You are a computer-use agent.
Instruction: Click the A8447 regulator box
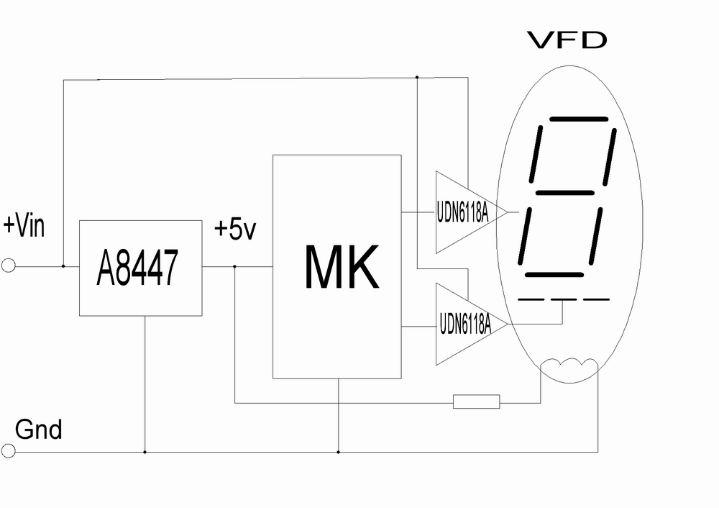click(139, 268)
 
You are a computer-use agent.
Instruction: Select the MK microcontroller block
click(336, 266)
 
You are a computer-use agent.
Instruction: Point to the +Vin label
click(24, 226)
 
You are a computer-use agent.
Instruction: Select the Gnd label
click(39, 430)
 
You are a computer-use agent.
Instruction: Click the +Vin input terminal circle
click(8, 266)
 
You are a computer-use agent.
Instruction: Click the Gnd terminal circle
click(8, 451)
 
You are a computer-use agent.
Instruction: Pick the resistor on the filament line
click(476, 402)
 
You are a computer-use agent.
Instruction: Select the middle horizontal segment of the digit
click(564, 193)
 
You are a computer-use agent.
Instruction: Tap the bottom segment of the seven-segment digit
click(554, 274)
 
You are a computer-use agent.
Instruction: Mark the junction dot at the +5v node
click(235, 266)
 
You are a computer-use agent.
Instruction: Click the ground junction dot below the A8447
click(145, 452)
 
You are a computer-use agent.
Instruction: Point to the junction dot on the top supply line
click(417, 76)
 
